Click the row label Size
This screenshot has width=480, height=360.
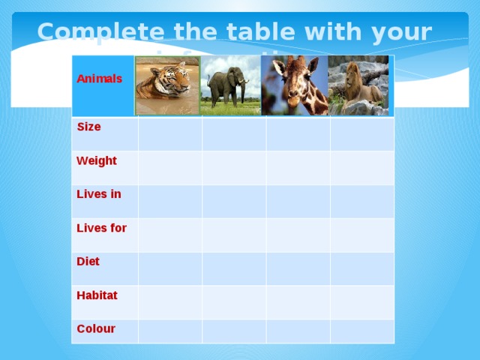click(89, 127)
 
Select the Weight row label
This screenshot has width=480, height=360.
click(97, 160)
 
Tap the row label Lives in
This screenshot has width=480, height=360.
click(98, 194)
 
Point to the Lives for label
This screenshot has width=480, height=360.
click(101, 228)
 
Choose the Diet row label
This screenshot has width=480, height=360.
click(88, 261)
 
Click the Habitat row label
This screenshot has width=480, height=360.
click(97, 295)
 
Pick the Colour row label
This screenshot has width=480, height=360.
click(96, 328)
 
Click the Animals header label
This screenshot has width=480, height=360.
click(100, 79)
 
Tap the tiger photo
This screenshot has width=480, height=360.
click(167, 85)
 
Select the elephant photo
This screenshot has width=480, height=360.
click(231, 85)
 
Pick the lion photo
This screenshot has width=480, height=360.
click(359, 85)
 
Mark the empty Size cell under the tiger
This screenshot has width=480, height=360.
click(169, 133)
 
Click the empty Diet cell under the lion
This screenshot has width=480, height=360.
click(362, 268)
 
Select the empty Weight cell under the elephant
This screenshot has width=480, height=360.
click(234, 167)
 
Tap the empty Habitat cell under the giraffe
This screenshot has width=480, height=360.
click(298, 302)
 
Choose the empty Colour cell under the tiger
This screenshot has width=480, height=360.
click(169, 331)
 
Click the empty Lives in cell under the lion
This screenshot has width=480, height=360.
click(362, 201)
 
